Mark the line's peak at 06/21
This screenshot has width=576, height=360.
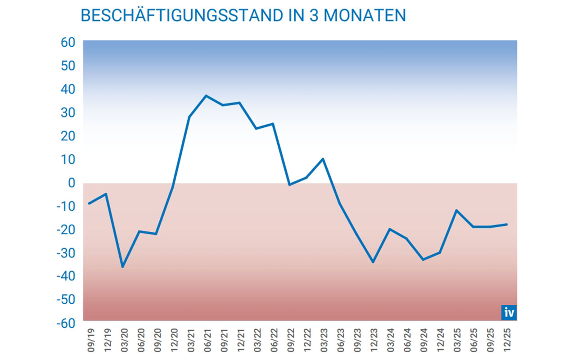(x=206, y=95)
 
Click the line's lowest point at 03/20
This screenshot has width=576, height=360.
(x=122, y=267)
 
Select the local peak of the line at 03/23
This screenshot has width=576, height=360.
(x=323, y=159)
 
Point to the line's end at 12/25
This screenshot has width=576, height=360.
(x=507, y=224)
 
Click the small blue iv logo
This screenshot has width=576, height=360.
(x=509, y=312)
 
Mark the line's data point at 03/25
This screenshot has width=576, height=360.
(x=457, y=210)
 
